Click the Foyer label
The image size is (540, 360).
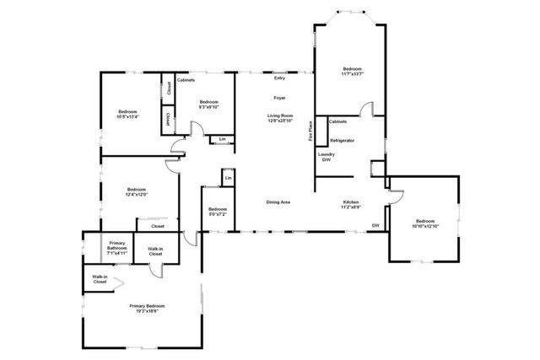[279, 99]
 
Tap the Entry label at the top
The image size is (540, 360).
[279, 78]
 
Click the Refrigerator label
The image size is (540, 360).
[342, 140]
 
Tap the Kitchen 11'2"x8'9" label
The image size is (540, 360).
[352, 204]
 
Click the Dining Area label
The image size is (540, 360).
[278, 202]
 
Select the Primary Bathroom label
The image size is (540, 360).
[117, 250]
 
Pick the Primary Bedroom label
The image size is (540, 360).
[147, 308]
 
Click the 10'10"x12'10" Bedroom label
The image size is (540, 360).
[426, 223]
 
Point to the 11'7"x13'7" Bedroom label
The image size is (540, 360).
[353, 71]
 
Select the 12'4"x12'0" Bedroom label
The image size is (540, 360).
[138, 191]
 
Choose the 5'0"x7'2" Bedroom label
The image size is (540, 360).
[217, 211]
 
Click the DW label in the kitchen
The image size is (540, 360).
[375, 226]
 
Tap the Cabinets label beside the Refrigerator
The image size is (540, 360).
[337, 121]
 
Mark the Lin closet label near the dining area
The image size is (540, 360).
[228, 178]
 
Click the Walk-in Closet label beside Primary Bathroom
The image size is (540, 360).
[155, 251]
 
